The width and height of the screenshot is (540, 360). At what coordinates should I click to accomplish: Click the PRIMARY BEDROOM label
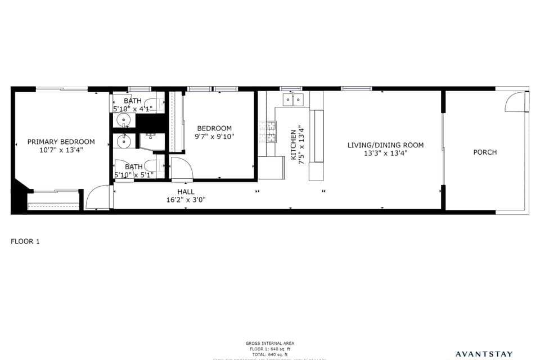point(61,142)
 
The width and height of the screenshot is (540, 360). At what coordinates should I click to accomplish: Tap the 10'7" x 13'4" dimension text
point(61,150)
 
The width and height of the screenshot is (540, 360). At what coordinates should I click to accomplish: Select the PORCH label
point(485,152)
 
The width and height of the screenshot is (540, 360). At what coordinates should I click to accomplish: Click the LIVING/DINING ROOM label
point(385,145)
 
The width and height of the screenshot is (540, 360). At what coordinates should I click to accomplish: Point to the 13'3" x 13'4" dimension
point(385,153)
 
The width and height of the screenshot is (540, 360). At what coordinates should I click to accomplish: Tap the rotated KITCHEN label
point(294,145)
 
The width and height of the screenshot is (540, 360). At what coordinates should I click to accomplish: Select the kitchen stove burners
point(267,131)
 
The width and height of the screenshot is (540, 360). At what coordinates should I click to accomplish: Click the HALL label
point(186,192)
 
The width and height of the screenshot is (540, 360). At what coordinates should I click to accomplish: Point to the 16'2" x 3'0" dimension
point(186,200)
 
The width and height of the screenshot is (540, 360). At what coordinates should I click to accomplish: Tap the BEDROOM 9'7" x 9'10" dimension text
point(214,136)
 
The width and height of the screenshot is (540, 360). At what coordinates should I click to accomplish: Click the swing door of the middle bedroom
point(181,169)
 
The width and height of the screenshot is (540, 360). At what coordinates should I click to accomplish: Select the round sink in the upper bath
point(124,120)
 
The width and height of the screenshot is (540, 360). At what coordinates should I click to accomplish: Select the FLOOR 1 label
point(25,241)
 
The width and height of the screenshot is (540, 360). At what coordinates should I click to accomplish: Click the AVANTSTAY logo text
point(484,354)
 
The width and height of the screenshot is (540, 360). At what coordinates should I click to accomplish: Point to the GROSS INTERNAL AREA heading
point(270,343)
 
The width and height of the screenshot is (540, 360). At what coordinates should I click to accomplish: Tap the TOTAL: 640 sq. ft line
point(270,354)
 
